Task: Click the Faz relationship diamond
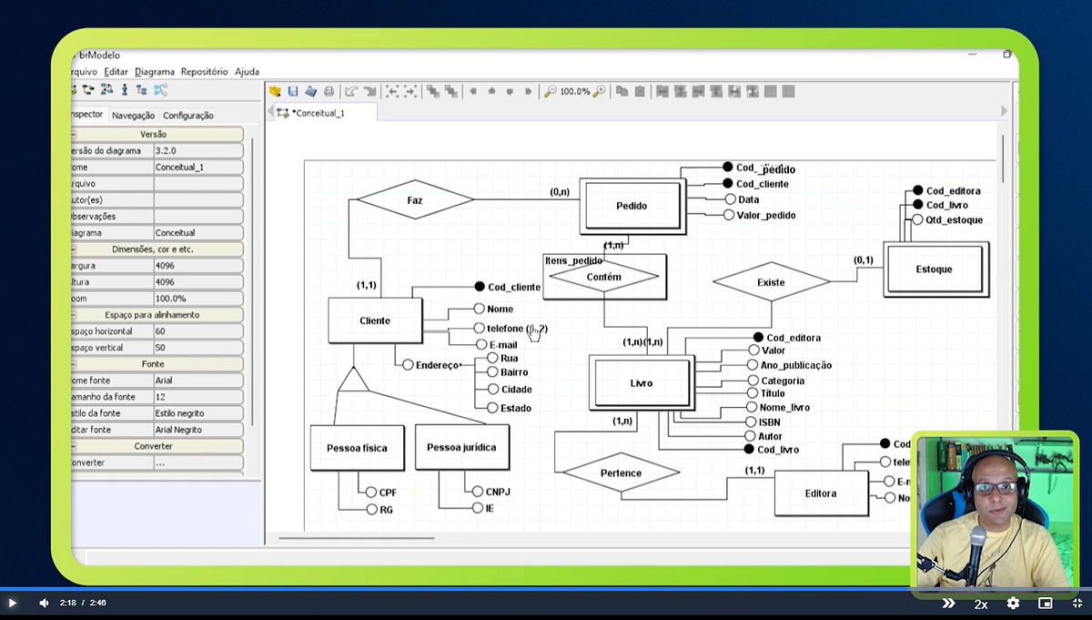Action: point(415,198)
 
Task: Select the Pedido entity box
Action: point(632,206)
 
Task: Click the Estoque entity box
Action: point(935,269)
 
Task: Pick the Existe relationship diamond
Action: point(771,282)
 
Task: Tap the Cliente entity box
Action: point(375,320)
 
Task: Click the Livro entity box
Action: point(641,383)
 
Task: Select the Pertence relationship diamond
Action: point(621,473)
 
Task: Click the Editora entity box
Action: point(820,493)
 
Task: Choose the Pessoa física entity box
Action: point(357,448)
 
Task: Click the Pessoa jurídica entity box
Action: point(461,448)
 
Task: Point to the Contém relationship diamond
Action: point(603,277)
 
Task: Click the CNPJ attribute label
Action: point(498,492)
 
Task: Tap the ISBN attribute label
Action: point(769,422)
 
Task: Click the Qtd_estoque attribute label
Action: point(954,220)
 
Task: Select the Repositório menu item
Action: point(204,71)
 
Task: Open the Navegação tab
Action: point(133,116)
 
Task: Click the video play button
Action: point(13,603)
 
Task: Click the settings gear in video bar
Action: point(1013,603)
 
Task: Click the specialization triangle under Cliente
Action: point(353,381)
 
